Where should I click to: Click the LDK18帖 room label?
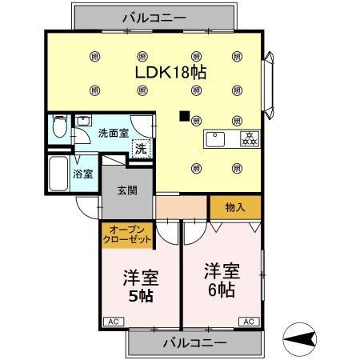click(170, 72)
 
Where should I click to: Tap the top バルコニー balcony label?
click(154, 17)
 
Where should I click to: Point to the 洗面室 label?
click(113, 133)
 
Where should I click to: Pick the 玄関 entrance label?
click(126, 190)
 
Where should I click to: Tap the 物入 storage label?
click(234, 206)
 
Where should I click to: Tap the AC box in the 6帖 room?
click(248, 322)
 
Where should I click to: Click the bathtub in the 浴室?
click(58, 170)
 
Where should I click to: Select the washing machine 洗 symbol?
click(141, 148)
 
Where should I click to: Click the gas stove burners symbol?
click(248, 138)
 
